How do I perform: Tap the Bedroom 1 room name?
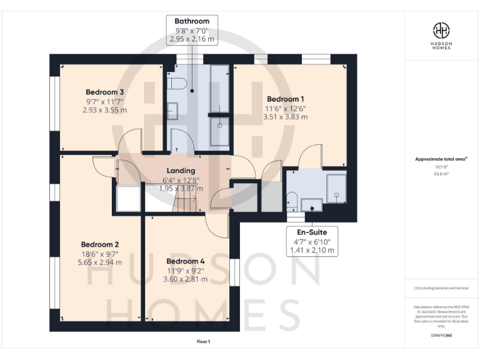(286, 99)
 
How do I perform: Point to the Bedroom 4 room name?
(185, 261)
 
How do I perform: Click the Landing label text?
(181, 171)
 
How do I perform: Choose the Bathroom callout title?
(192, 21)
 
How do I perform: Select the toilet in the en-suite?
(292, 201)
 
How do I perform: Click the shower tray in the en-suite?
(336, 186)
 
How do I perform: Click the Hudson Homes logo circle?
(441, 30)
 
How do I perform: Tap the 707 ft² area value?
(441, 168)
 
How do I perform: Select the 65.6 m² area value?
(441, 174)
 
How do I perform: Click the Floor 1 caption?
(202, 342)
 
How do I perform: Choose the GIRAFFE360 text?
(441, 337)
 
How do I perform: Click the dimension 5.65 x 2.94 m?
(99, 262)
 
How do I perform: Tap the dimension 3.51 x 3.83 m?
(286, 116)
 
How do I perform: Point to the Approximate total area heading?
(440, 159)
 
